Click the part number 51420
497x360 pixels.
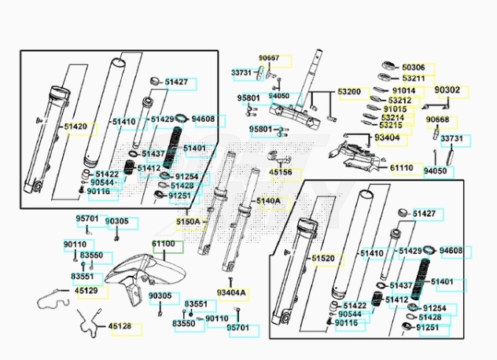[x=75, y=127]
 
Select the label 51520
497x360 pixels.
[x=323, y=259]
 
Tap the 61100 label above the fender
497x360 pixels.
[x=164, y=244]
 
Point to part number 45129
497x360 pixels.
[x=87, y=291]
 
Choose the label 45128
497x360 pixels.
[x=120, y=326]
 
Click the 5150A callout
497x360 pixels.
[x=188, y=222]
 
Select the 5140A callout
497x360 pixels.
[x=268, y=201]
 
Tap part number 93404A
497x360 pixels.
[x=231, y=293]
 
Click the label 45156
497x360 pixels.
[x=281, y=173]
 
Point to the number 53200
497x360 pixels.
[x=349, y=92]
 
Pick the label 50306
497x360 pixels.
[x=414, y=68]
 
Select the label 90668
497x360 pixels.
[x=437, y=119]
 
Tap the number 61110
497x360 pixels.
[x=402, y=167]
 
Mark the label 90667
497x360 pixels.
[x=269, y=58]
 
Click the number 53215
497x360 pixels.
[x=391, y=125]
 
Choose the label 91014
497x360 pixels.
[x=404, y=91]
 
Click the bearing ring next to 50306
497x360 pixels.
[x=388, y=66]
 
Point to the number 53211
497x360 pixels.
[x=414, y=79]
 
